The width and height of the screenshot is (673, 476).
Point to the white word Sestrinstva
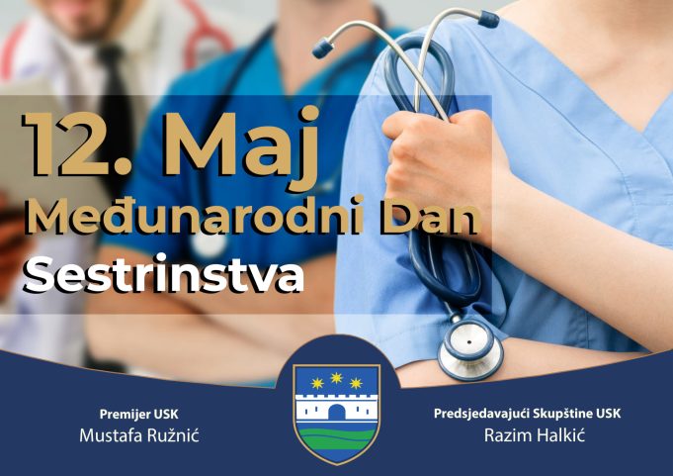point(163,273)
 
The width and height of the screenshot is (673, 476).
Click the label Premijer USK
point(138,414)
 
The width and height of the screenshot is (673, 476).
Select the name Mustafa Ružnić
point(139,435)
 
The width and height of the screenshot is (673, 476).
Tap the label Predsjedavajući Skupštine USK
point(527,414)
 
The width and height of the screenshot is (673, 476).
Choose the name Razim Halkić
point(535,435)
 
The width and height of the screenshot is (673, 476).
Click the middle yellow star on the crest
point(336,378)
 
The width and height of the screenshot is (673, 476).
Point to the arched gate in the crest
point(336,412)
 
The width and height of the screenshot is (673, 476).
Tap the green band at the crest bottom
point(336,439)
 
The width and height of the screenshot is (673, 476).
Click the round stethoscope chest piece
point(470,349)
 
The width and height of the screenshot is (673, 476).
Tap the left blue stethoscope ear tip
point(323,48)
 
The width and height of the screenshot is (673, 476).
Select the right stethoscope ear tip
point(488,20)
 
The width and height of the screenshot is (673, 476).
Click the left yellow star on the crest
point(317,383)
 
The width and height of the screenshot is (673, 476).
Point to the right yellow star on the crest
point(356,383)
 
